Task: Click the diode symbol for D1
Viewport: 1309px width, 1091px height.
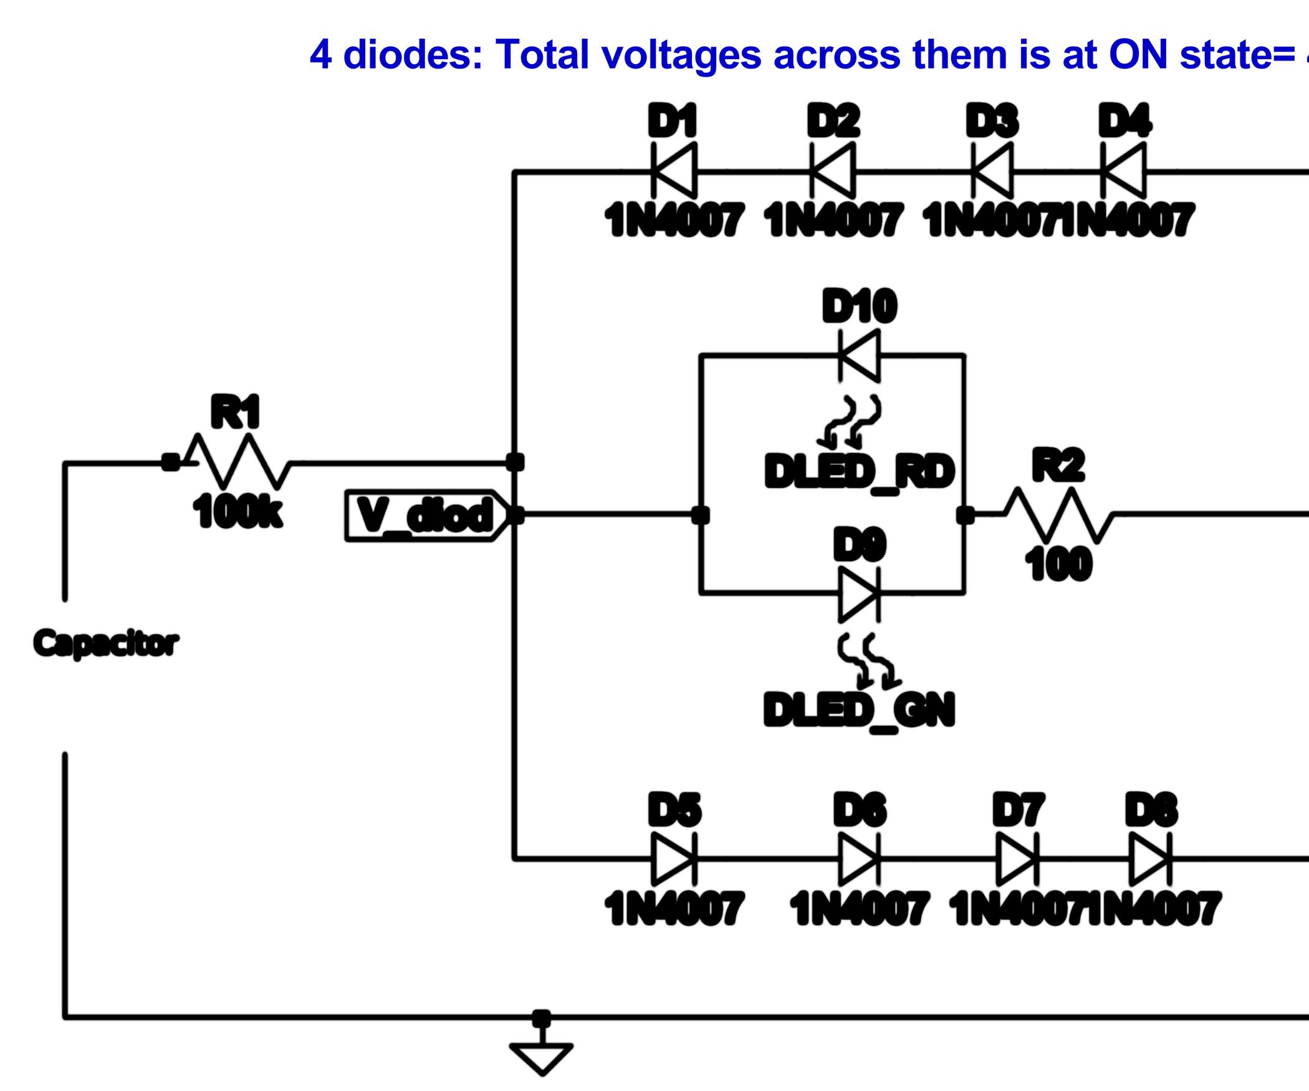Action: coord(674,170)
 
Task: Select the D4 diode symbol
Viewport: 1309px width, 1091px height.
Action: coord(1124,170)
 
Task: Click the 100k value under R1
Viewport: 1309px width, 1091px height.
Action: coord(237,512)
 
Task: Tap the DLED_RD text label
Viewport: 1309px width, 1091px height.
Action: coord(860,471)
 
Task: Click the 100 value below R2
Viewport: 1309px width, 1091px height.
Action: coord(1058,564)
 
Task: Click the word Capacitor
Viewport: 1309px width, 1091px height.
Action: coord(106,643)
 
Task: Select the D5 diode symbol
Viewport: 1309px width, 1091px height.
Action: coord(674,859)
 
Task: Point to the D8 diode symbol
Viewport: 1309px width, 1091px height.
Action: coord(1151,859)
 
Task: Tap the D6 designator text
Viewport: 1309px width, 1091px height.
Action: coord(860,810)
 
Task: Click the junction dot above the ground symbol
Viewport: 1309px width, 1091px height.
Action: coord(541,1018)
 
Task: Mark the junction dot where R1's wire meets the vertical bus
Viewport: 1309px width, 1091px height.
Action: coord(515,462)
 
